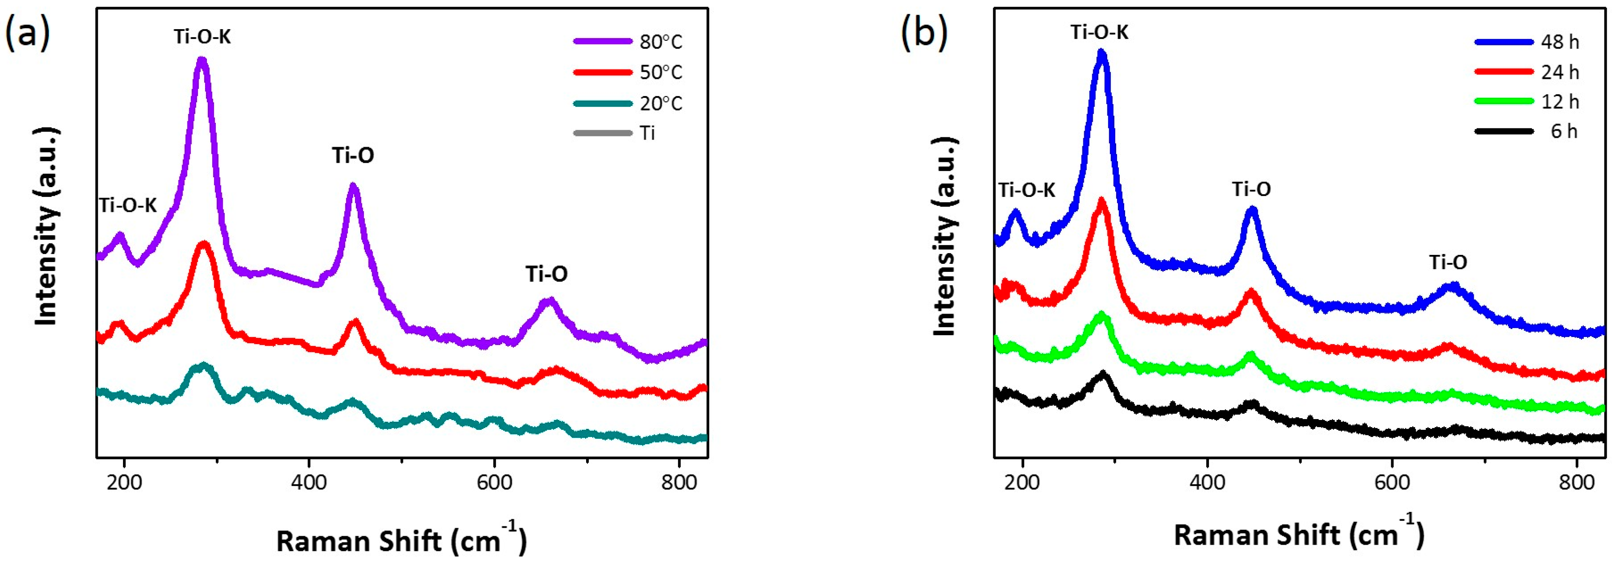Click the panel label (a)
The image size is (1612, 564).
(27, 33)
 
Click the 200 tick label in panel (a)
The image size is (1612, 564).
(124, 483)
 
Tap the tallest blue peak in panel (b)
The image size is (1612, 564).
(1102, 54)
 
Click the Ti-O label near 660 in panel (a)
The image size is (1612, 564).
(546, 274)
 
